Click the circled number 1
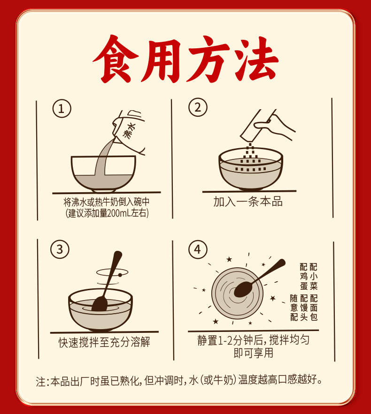62,108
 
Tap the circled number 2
198,107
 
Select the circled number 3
60,249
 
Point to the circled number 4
198,249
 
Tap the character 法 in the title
255,60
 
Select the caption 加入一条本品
248,202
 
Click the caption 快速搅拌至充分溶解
104,342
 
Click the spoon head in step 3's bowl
100,304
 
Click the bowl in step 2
251,168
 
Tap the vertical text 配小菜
313,277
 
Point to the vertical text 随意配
294,308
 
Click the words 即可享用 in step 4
253,353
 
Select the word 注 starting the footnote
41,381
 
